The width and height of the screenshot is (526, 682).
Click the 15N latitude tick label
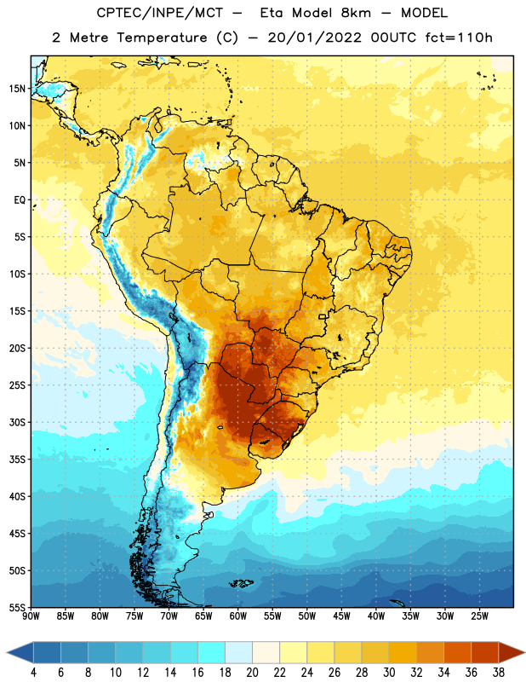tap(17, 89)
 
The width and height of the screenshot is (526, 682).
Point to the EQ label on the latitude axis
tap(20, 200)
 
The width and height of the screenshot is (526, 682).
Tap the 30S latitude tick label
tap(17, 422)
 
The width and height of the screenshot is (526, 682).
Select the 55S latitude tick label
tap(17, 608)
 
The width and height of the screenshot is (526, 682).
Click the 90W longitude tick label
tap(31, 616)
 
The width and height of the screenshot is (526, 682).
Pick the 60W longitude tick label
tap(238, 616)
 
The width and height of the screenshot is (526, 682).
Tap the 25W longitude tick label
tap(479, 616)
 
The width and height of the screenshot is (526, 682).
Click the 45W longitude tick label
tap(341, 616)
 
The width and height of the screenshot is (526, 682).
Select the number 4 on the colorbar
tap(33, 673)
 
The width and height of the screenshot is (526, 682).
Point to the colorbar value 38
tap(499, 673)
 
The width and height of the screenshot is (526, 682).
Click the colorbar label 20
tap(252, 673)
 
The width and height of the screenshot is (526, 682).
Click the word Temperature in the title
tap(162, 38)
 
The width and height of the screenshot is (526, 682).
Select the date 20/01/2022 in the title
tap(314, 38)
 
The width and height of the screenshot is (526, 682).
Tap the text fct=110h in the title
tap(459, 38)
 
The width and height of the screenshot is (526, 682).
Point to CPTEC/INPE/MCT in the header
tap(159, 13)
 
